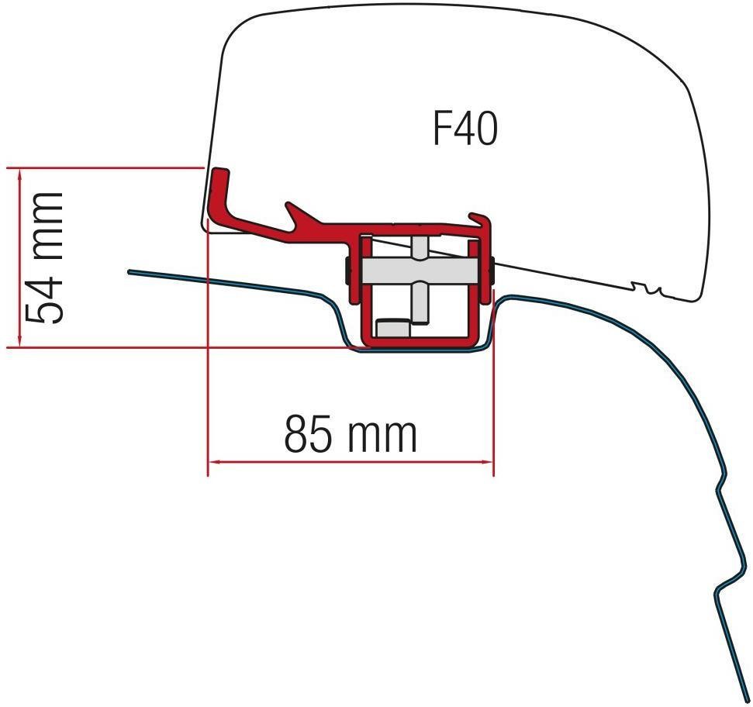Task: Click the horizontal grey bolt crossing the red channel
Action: (x=419, y=271)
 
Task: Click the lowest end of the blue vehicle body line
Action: (x=742, y=698)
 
